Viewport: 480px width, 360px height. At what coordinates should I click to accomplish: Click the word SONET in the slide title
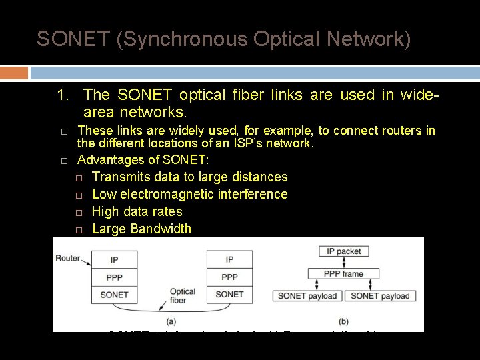73,39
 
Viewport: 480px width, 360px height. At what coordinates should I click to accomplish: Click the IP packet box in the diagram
344,251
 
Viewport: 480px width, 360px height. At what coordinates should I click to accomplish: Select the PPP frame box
344,273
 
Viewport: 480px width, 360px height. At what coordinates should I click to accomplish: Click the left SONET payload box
307,295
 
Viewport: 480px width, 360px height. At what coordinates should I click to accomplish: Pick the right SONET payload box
380,295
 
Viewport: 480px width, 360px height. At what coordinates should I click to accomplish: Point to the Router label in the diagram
68,257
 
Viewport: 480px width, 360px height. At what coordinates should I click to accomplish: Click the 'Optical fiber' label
182,296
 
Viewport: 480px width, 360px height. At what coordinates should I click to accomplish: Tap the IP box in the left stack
115,259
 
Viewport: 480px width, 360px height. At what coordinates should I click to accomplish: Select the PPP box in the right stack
229,277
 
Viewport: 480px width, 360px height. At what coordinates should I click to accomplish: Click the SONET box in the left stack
115,294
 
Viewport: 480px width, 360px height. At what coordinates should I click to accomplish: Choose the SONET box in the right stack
229,294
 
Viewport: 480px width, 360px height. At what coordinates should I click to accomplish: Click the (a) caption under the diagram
171,321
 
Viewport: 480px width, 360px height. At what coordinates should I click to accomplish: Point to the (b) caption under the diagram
344,321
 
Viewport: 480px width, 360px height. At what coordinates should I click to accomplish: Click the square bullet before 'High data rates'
78,212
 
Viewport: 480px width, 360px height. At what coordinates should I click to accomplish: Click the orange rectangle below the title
14,72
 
